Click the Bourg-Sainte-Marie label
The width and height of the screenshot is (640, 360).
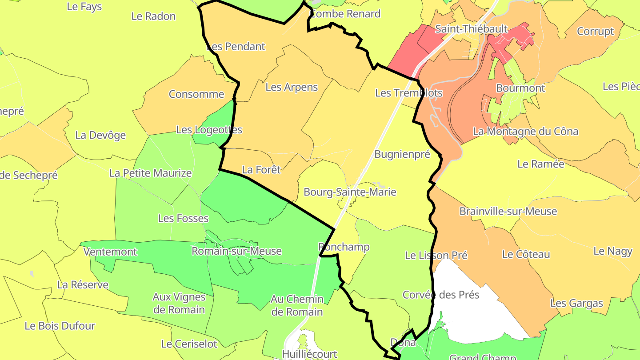pyautogui.click(x=349, y=192)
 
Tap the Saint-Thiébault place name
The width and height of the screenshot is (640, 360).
pyautogui.click(x=471, y=29)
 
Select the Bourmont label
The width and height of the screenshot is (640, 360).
pyautogui.click(x=520, y=88)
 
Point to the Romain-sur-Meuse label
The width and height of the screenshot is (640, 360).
pyautogui.click(x=236, y=251)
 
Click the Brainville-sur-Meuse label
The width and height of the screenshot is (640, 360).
pyautogui.click(x=508, y=211)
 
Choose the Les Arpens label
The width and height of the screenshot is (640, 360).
pyautogui.click(x=292, y=87)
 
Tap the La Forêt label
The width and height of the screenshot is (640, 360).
pyautogui.click(x=261, y=169)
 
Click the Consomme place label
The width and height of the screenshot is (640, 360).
pyautogui.click(x=196, y=94)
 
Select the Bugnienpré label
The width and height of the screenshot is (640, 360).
pyautogui.click(x=402, y=154)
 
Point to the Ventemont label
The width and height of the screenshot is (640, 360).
pyautogui.click(x=110, y=252)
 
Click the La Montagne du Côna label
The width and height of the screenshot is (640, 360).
pyautogui.click(x=525, y=132)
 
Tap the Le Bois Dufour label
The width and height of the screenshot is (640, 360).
pyautogui.click(x=60, y=326)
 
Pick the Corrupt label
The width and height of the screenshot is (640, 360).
pyautogui.click(x=595, y=32)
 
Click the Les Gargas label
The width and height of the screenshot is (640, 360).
pyautogui.click(x=576, y=303)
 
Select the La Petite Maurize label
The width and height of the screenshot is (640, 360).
pyautogui.click(x=150, y=173)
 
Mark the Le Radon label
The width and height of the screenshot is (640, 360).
pyautogui.click(x=153, y=16)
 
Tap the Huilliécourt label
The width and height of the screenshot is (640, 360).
pyautogui.click(x=309, y=354)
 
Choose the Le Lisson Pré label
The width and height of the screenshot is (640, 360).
pyautogui.click(x=436, y=255)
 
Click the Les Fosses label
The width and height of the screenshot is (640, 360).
pyautogui.click(x=183, y=218)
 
